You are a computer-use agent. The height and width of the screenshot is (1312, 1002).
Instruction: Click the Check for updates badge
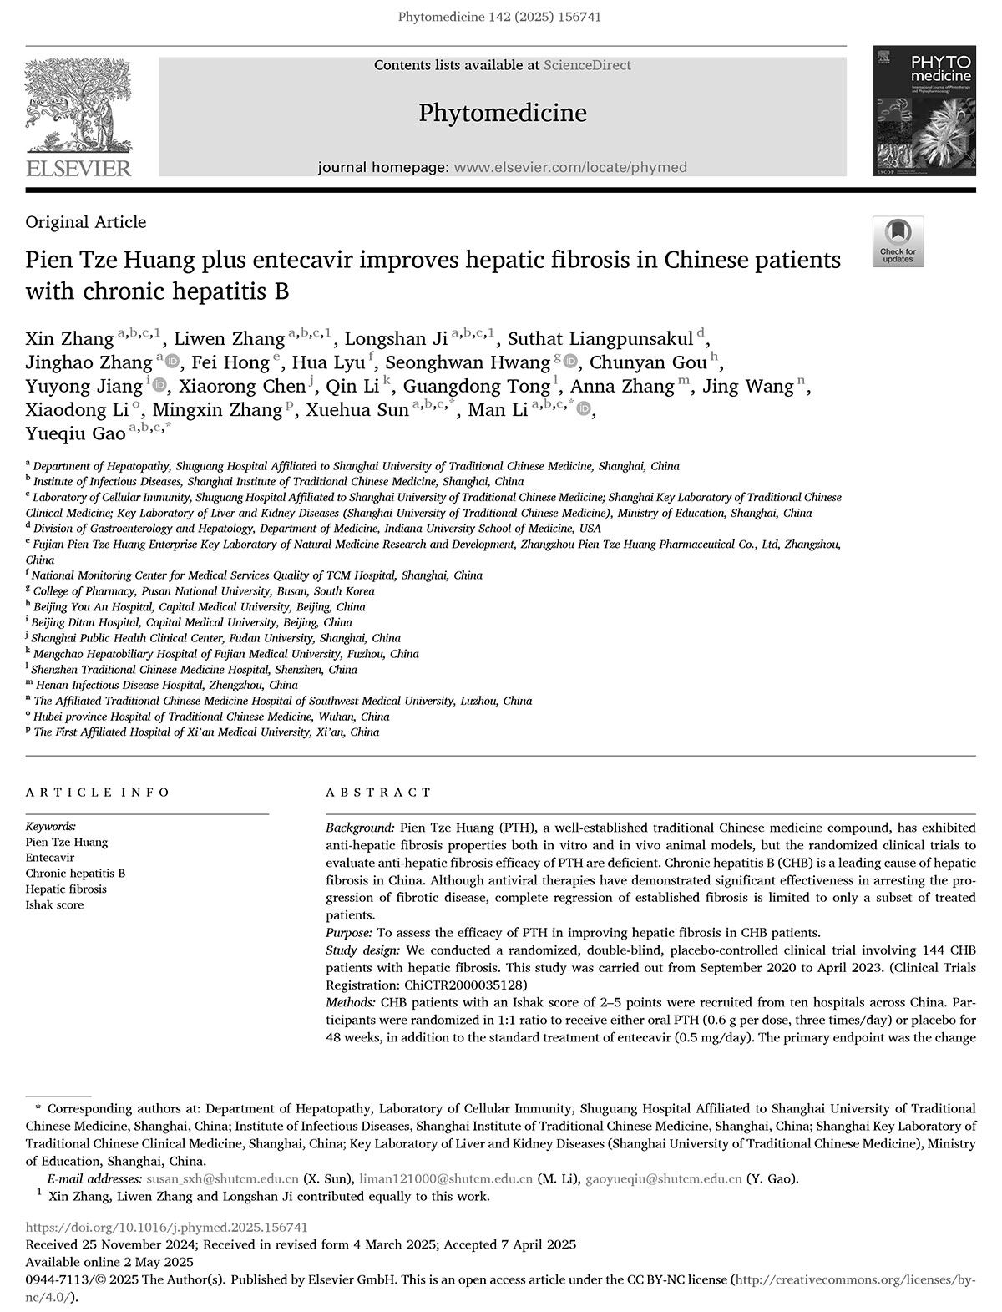pyautogui.click(x=898, y=241)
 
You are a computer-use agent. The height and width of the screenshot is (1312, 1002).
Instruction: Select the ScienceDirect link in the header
pyautogui.click(x=587, y=65)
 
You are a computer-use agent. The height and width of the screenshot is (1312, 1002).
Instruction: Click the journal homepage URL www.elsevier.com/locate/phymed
pyautogui.click(x=569, y=167)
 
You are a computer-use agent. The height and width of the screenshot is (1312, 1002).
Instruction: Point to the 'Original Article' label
pyautogui.click(x=86, y=222)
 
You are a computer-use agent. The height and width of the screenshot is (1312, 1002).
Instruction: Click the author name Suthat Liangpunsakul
pyautogui.click(x=600, y=339)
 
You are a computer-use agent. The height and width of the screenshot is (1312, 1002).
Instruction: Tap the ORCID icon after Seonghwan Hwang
pyautogui.click(x=571, y=362)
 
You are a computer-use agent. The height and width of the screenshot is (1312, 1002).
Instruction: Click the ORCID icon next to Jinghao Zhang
pyautogui.click(x=173, y=362)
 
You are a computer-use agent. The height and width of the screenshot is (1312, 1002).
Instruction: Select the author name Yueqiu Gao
pyautogui.click(x=75, y=433)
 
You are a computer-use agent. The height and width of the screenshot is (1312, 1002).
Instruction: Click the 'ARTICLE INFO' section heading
pyautogui.click(x=98, y=792)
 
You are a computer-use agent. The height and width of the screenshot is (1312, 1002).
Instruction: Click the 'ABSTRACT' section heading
pyautogui.click(x=378, y=792)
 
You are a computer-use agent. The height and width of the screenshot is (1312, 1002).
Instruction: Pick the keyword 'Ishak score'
pyautogui.click(x=54, y=905)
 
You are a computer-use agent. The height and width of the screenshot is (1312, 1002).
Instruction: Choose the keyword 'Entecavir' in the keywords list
pyautogui.click(x=50, y=858)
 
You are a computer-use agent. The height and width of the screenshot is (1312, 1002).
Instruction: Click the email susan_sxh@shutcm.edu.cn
pyautogui.click(x=222, y=1179)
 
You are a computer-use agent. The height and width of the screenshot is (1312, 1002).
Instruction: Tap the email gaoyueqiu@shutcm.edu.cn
pyautogui.click(x=664, y=1179)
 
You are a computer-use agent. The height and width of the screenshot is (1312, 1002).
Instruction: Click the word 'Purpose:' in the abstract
pyautogui.click(x=349, y=933)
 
